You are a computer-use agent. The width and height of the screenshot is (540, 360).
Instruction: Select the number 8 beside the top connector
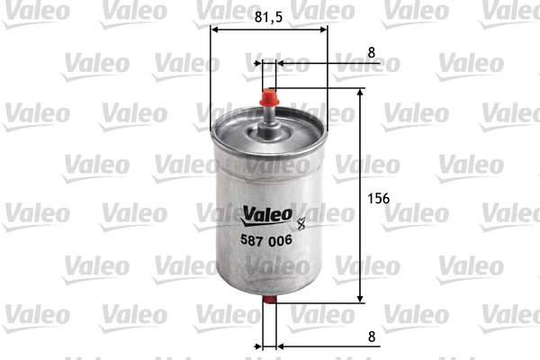pos(371,52)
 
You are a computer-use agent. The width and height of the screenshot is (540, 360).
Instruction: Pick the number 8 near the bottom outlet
pos(371,336)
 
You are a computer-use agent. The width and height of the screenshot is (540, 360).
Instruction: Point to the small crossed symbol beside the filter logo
pos(301,216)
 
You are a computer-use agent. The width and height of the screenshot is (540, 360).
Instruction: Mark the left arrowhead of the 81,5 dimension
pos(215,28)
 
